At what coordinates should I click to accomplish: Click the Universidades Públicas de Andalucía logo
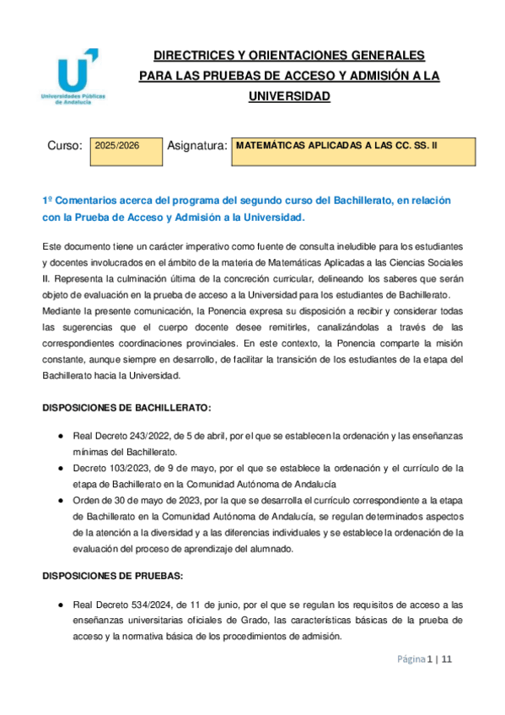(74, 76)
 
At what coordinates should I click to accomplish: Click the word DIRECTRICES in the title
(190, 56)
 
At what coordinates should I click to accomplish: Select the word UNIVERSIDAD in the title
(288, 96)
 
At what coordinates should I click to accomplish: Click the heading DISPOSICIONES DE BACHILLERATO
(126, 407)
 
